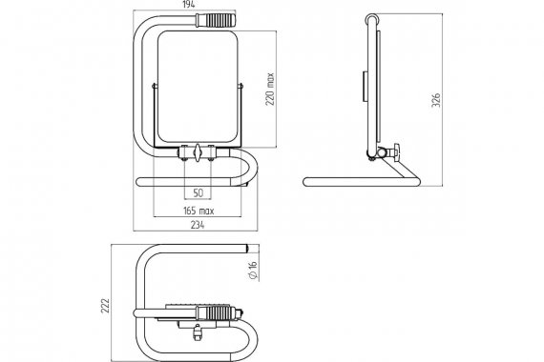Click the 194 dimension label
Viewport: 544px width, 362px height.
[x=189, y=5]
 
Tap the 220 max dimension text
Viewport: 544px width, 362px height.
[x=270, y=89]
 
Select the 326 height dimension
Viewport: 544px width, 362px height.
[x=436, y=100]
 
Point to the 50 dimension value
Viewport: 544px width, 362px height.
[x=198, y=193]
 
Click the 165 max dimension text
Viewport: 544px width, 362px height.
[x=199, y=211]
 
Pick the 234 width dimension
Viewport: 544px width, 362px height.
[x=198, y=225]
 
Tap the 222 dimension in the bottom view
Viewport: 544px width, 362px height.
[x=106, y=306]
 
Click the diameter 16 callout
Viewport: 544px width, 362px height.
[x=253, y=270]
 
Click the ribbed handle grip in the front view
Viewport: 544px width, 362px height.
[x=216, y=20]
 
